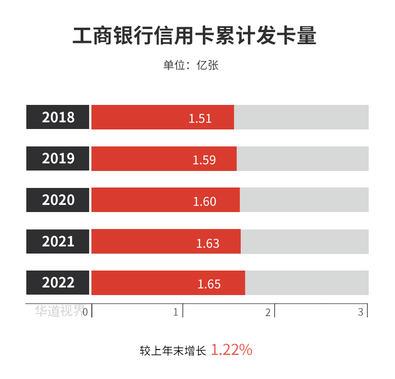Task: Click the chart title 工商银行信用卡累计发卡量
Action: (x=194, y=36)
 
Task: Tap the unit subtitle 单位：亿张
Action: (x=191, y=65)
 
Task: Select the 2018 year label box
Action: (x=58, y=117)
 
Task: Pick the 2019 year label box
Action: (x=58, y=158)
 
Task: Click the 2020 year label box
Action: (x=58, y=200)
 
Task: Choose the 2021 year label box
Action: (x=58, y=242)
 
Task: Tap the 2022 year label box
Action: (x=58, y=283)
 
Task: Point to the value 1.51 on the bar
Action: (x=200, y=118)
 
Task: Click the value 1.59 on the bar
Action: (x=204, y=160)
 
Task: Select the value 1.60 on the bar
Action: (x=205, y=201)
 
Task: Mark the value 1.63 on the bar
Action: (x=208, y=243)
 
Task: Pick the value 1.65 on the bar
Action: (x=209, y=284)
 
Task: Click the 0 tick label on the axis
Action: (x=85, y=311)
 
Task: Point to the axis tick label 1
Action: (x=176, y=312)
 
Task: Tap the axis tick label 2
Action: (x=268, y=312)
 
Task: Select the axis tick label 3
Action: (x=361, y=312)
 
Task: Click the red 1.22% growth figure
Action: (x=231, y=350)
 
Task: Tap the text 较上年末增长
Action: (x=173, y=351)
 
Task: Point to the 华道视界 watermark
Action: (x=59, y=311)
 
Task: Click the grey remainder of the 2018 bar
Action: (x=301, y=117)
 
